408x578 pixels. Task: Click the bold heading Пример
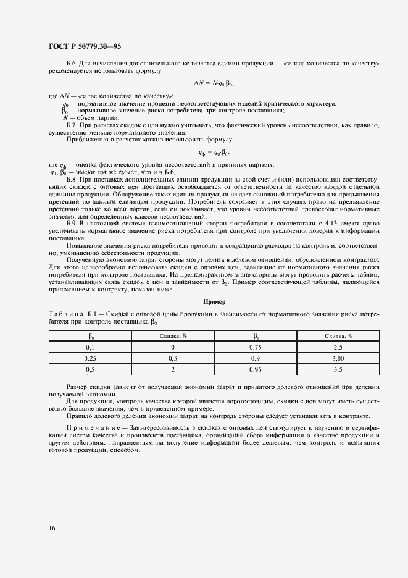[x=214, y=302]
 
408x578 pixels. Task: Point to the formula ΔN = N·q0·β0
[x=214, y=83]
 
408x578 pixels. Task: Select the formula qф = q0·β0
[x=214, y=152]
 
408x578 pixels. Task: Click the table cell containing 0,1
[x=90, y=348]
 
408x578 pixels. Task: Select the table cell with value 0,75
[x=255, y=348]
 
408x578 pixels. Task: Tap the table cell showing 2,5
[x=338, y=348]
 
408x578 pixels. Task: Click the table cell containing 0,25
[x=90, y=358]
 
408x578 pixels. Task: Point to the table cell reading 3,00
[x=338, y=358]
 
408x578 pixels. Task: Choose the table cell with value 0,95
[x=255, y=369]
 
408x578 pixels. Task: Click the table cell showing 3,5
[x=338, y=369]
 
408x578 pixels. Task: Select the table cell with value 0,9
[x=255, y=358]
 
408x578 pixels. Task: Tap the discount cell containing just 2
[x=173, y=369]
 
